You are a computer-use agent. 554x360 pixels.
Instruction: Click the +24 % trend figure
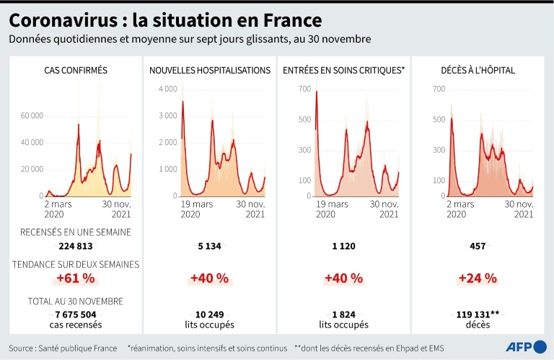click(477, 278)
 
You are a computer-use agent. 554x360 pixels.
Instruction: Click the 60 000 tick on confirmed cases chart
click(32, 115)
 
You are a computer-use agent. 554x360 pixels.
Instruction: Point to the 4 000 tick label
click(167, 89)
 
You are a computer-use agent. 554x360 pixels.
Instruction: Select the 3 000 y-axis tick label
click(167, 115)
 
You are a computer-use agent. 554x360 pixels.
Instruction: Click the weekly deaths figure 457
click(477, 246)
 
